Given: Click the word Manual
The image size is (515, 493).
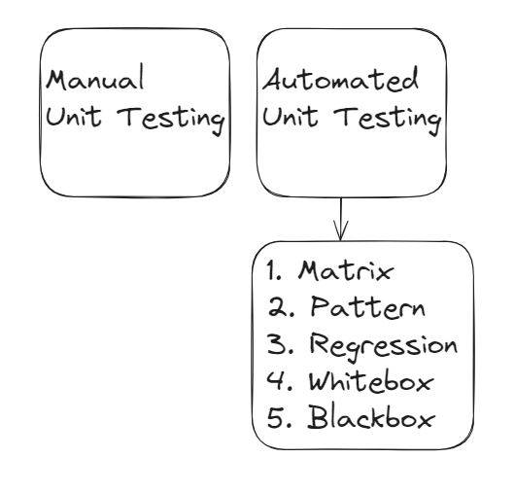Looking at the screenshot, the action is [95, 78].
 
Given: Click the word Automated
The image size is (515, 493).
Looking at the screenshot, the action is [341, 79].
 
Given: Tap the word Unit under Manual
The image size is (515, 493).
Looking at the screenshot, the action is [74, 117].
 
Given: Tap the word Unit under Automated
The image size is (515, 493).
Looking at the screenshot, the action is [291, 117].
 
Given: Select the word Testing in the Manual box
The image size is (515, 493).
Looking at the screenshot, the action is [171, 120].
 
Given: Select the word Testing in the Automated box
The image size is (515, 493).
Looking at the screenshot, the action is [388, 120].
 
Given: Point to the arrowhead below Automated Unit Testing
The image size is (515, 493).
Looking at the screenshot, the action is [341, 230].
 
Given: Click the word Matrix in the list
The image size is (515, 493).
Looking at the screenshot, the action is [346, 271].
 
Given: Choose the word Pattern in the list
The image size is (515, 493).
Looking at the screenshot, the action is [368, 307].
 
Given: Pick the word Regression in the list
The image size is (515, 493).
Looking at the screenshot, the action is [383, 346].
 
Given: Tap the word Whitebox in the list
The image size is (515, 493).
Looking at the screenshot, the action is [371, 380].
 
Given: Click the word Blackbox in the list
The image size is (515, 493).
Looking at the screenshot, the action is [371, 417].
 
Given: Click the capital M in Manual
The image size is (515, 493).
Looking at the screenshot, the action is [57, 80].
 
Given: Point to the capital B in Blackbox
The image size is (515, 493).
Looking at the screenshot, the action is [318, 417].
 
